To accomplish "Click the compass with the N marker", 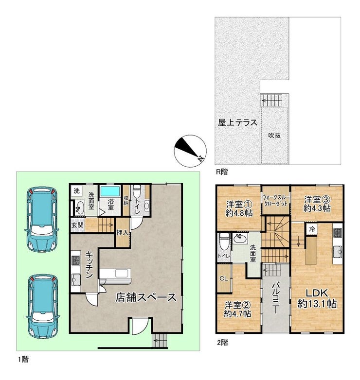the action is pos(190,151).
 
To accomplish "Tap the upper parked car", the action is pos(41,219).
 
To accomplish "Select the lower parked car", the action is pos(43,307).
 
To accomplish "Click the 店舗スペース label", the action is pos(145,297).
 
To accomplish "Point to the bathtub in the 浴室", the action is pos(110,191).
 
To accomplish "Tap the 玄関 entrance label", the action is pos(77,225).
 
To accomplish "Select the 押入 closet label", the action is pos(122,233).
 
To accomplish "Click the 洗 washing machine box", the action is pos(77,190).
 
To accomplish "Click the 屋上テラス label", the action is pos(237,122).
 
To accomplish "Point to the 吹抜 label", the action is pos(274,136).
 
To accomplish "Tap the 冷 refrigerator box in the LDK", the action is pos(312,229).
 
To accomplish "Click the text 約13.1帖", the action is pos(317,304).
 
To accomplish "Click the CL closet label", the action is pos(224,279).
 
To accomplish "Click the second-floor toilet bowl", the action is pos(223,241).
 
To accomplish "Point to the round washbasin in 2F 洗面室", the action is pos(240,239).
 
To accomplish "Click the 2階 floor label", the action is pos(222,343).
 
